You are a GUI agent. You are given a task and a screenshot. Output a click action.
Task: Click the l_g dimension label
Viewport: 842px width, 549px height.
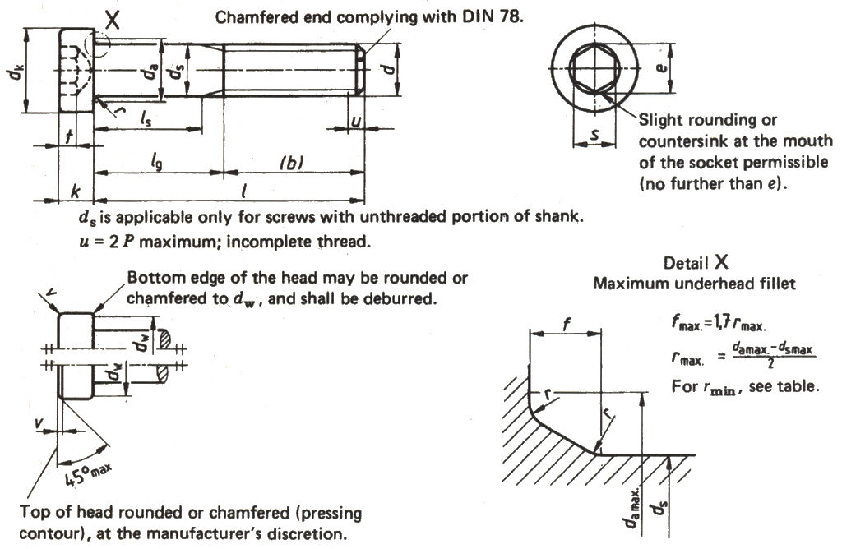[157, 163]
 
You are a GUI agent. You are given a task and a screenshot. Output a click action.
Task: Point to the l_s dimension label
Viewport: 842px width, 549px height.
[144, 120]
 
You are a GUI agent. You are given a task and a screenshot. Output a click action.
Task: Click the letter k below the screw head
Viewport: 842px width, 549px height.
[76, 191]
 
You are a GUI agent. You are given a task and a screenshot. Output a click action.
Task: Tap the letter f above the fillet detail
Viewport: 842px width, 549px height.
[565, 323]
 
